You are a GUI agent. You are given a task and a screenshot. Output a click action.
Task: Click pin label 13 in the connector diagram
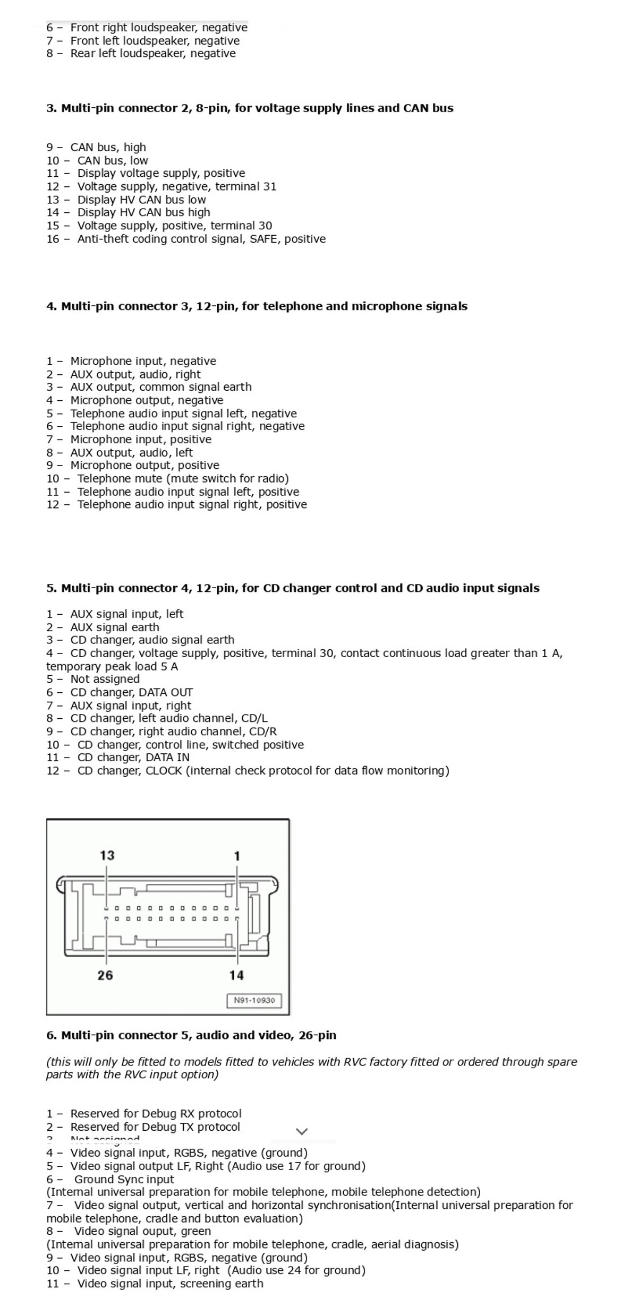[x=107, y=855]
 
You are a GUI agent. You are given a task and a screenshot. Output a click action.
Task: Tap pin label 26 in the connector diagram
[x=105, y=975]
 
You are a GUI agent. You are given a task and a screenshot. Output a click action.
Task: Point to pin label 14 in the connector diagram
[x=236, y=975]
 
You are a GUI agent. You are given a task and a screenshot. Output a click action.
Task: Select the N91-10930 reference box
[x=254, y=1000]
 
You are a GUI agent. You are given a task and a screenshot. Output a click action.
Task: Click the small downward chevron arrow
[x=302, y=1131]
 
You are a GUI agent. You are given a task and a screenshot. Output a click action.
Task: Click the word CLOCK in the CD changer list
[x=164, y=770]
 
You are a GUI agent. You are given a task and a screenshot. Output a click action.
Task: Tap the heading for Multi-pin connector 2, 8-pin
[x=250, y=108]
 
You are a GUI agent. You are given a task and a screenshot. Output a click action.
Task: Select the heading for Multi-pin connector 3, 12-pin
[x=257, y=306]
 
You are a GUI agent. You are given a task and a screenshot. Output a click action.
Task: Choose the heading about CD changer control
[x=293, y=588]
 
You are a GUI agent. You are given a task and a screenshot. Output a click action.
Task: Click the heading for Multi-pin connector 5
[x=191, y=1035]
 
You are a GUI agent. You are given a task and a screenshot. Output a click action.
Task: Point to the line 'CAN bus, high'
[x=108, y=147]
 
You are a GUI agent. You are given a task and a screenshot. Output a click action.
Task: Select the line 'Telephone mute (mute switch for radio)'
[x=183, y=478]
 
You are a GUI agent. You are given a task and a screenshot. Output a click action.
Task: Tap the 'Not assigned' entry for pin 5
[x=105, y=679]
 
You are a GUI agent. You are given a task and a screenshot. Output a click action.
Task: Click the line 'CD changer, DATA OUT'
[x=131, y=692]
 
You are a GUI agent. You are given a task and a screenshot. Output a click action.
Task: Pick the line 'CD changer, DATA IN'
[x=133, y=758]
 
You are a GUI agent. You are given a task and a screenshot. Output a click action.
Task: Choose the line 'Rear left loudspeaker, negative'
[x=152, y=53]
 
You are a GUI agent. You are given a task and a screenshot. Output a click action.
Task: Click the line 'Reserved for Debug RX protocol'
[x=156, y=1113]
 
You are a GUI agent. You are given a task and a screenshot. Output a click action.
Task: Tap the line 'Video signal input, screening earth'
[x=170, y=1284]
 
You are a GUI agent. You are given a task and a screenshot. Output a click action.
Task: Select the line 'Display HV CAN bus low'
[x=141, y=200]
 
